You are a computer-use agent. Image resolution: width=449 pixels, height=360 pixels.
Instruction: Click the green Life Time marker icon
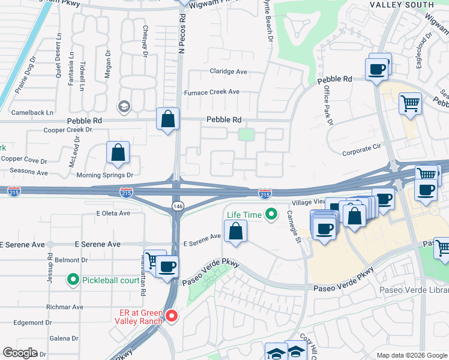point(271,214)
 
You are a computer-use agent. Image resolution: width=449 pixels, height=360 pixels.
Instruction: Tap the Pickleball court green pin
point(73,280)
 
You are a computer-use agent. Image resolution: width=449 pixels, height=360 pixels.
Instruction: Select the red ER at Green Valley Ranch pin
point(172,316)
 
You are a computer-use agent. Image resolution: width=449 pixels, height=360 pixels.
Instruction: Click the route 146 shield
point(177,206)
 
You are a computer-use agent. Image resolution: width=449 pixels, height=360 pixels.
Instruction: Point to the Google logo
point(20,353)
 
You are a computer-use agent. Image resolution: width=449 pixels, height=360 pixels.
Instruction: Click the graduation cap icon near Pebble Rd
point(125,107)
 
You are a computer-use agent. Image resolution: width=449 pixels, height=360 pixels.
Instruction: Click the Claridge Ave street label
point(228,71)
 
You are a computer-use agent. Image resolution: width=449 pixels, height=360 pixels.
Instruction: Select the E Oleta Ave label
point(113,213)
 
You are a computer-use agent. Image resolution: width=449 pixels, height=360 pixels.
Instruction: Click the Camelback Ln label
point(33,112)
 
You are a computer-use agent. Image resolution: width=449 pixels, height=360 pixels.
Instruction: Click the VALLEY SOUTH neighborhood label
point(402,5)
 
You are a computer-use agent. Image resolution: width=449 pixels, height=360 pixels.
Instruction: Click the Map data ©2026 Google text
point(411,355)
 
